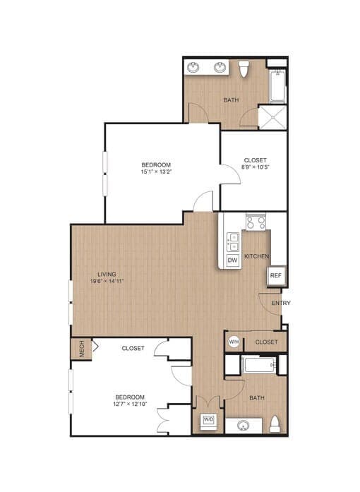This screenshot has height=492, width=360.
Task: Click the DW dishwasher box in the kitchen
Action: (x=232, y=260)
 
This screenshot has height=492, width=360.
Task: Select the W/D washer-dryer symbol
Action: (x=208, y=420)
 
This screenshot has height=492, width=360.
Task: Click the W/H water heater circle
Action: (x=234, y=342)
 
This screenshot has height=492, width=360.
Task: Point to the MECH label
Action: (x=82, y=349)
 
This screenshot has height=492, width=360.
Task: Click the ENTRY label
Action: (x=280, y=304)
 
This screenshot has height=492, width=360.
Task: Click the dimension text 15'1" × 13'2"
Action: (x=156, y=171)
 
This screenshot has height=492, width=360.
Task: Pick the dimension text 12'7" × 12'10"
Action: (x=130, y=404)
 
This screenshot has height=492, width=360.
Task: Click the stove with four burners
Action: (x=255, y=222)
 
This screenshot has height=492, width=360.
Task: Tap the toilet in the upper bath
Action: (x=244, y=69)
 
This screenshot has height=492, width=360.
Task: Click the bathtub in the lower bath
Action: (x=258, y=365)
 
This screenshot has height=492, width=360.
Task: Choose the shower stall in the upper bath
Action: (x=272, y=117)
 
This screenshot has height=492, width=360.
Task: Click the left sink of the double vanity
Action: (x=195, y=68)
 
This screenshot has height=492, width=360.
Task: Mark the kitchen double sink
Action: (x=232, y=241)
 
